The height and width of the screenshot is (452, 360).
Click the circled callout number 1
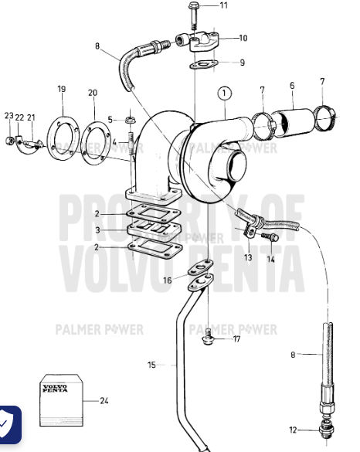(x=225, y=93)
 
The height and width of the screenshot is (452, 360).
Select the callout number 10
(x=243, y=38)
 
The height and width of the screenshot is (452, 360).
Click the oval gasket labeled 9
(x=204, y=65)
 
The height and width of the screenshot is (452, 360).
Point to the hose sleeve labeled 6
(x=293, y=121)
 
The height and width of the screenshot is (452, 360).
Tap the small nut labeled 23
(x=9, y=141)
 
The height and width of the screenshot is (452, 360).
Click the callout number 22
(x=19, y=117)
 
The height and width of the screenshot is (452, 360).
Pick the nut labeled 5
(x=130, y=119)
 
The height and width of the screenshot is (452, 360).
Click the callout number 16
(x=167, y=280)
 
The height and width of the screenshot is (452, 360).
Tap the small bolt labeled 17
(x=208, y=337)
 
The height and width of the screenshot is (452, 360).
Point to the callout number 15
(x=151, y=365)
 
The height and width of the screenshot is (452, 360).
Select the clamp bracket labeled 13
(x=250, y=231)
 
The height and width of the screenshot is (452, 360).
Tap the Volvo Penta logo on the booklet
(x=55, y=388)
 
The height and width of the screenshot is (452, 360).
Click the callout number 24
(x=104, y=401)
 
